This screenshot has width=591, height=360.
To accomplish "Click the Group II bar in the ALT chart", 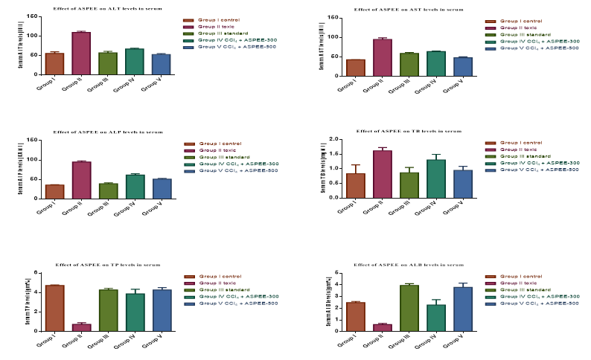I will [x=81, y=54].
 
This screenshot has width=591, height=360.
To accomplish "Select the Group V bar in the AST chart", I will [x=463, y=66].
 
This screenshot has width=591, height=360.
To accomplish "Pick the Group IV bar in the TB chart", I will [x=436, y=179].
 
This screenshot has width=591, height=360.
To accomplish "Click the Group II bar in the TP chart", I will [x=81, y=327].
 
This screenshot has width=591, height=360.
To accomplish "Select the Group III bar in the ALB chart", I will [x=409, y=308].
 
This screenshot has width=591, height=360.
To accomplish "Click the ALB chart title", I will [x=409, y=264].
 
